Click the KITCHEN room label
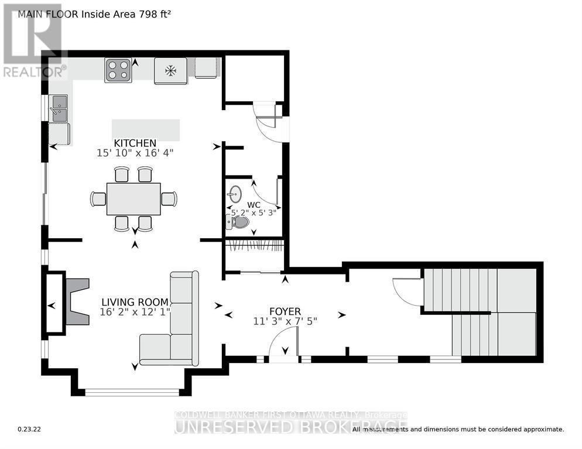tap(135, 143)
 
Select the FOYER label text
tap(285, 310)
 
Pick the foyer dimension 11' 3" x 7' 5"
tap(285, 320)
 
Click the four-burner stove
tap(118, 71)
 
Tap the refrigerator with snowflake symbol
tap(170, 71)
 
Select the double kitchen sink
tap(59, 108)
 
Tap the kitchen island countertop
tap(146, 129)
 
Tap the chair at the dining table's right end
tap(169, 199)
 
